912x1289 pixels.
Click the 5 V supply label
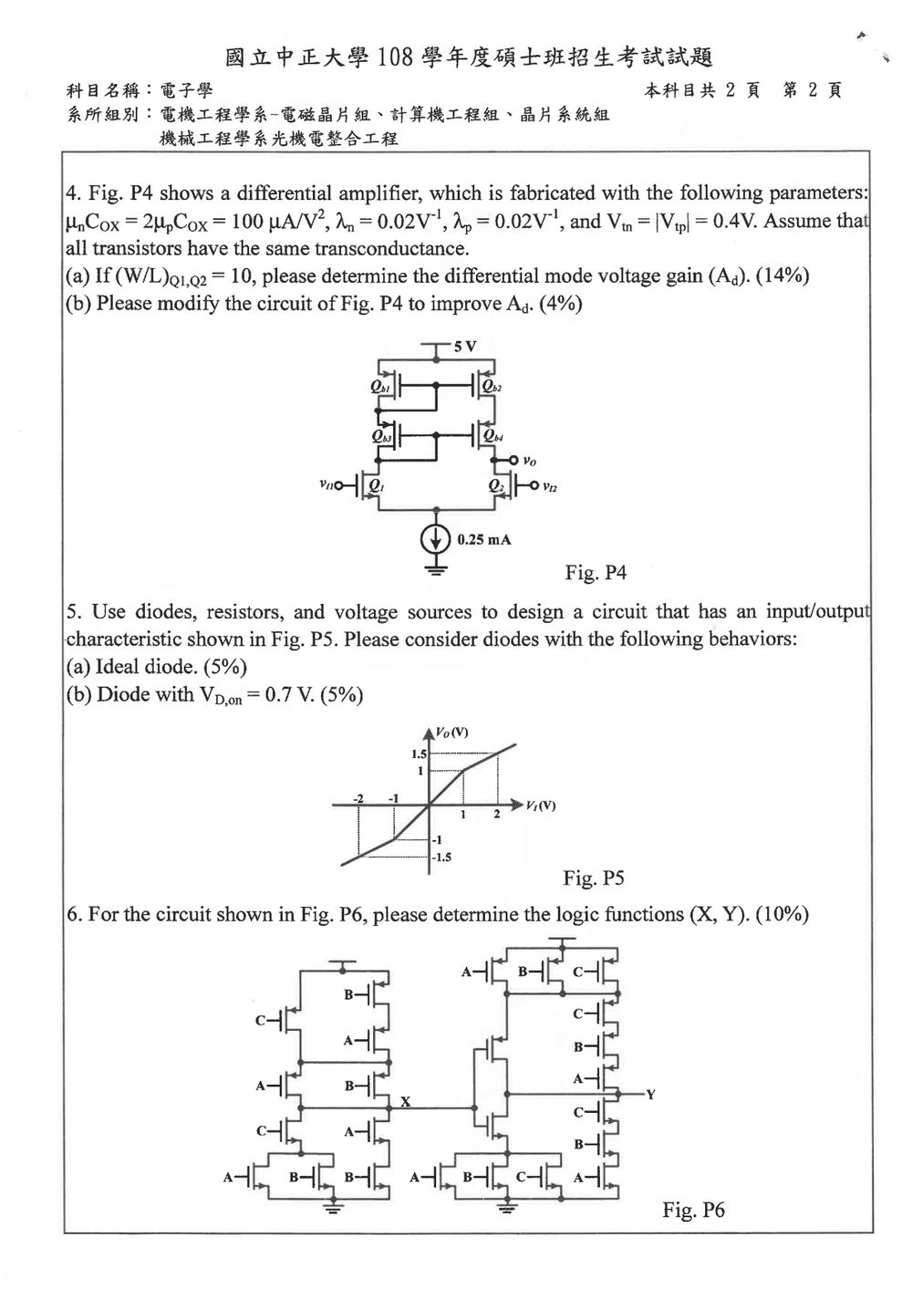pos(465,347)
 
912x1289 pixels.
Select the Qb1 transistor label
pos(380,388)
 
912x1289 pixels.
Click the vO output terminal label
pos(530,461)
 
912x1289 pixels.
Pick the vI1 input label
pos(326,484)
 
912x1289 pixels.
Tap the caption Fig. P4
pos(596,572)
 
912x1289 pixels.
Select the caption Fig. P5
pos(593,878)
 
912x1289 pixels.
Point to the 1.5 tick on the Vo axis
pos(419,754)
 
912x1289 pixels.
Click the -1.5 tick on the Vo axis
pos(441,857)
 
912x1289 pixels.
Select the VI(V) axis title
pos(540,805)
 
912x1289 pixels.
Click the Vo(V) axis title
pos(452,732)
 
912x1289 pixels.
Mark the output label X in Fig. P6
pos(406,1101)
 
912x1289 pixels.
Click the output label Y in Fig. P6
pos(650,1094)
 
